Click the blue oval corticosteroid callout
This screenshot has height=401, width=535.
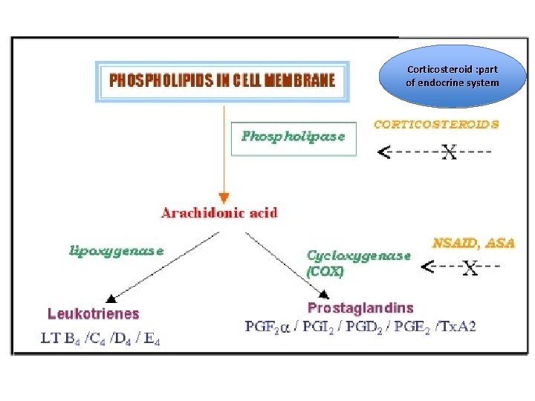[452, 76]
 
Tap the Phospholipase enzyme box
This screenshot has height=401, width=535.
[294, 137]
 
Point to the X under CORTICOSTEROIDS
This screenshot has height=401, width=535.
[449, 153]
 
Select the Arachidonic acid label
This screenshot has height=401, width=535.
[219, 213]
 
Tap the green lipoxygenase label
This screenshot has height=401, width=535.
[116, 250]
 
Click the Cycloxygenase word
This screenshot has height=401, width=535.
[359, 255]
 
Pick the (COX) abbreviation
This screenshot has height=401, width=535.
[325, 272]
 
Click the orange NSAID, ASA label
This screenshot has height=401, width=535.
[473, 243]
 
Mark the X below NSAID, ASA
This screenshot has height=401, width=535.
[470, 268]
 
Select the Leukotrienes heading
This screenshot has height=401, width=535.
[93, 314]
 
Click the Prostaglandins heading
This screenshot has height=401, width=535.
[360, 307]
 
